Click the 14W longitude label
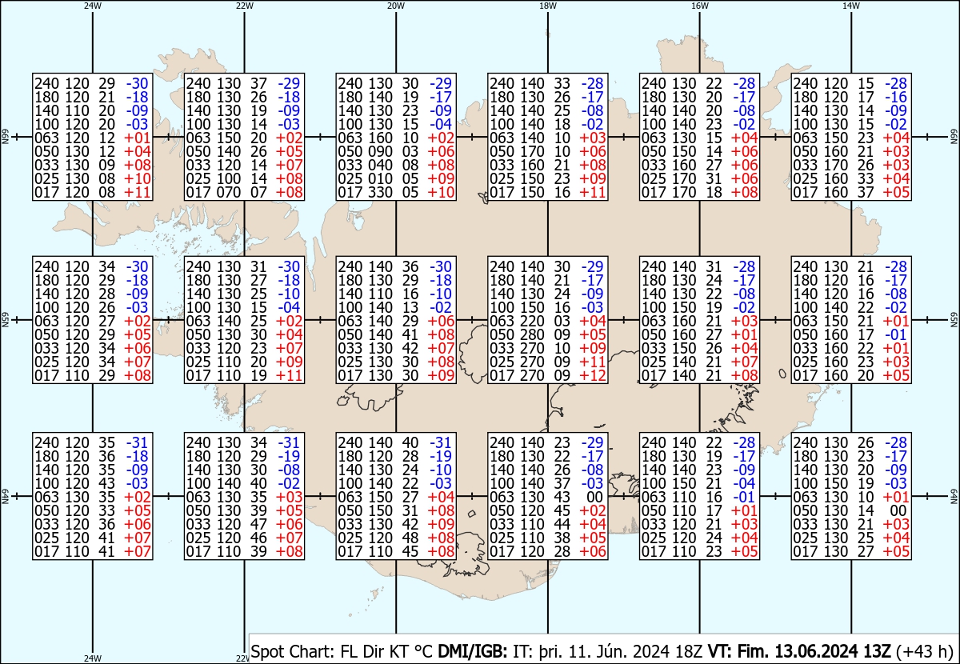tap(850, 6)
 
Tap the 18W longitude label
tap(548, 6)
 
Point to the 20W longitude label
tap(395, 6)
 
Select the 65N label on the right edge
tap(954, 320)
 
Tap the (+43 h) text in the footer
tap(925, 651)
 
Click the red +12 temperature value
tap(593, 375)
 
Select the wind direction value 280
tap(533, 334)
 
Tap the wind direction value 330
tap(381, 193)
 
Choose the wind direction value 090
tap(381, 151)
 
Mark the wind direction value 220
tap(533, 321)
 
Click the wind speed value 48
tap(410, 538)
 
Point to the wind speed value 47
tap(258, 524)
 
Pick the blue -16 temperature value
tap(896, 97)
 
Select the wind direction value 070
tap(229, 193)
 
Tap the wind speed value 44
tap(562, 524)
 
